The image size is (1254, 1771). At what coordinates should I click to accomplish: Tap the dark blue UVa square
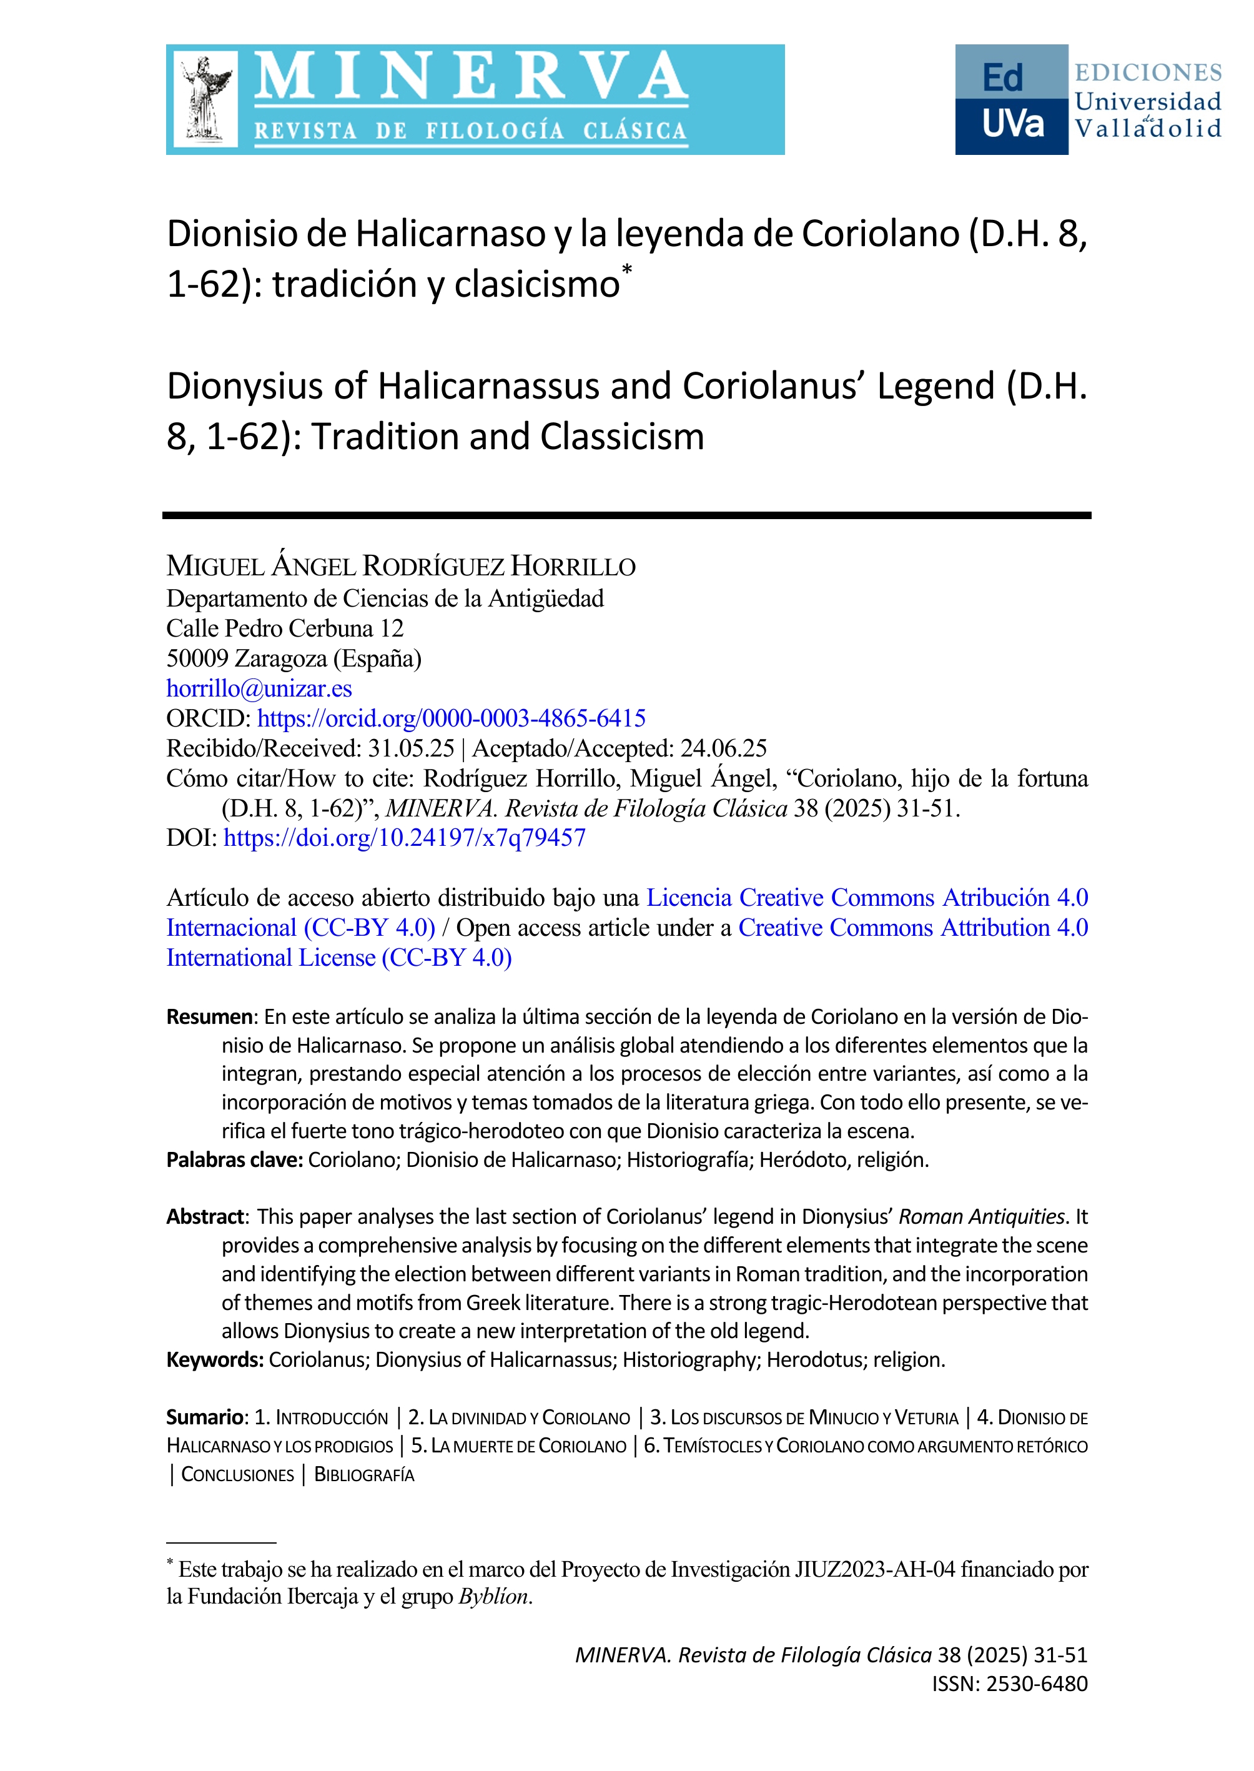point(1012,126)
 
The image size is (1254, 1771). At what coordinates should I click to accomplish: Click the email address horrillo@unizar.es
point(259,688)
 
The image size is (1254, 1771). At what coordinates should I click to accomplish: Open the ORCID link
point(451,718)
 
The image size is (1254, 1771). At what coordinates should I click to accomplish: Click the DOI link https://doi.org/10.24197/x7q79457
point(405,838)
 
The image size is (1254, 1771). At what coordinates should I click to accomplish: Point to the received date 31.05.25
point(411,748)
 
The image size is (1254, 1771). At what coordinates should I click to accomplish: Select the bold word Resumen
point(209,1017)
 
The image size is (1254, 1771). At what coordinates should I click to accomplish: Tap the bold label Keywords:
point(215,1360)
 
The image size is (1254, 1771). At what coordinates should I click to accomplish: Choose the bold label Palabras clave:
point(235,1160)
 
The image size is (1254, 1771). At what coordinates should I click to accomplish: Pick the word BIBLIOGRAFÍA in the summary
point(365,1475)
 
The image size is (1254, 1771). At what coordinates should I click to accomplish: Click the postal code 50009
point(197,659)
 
